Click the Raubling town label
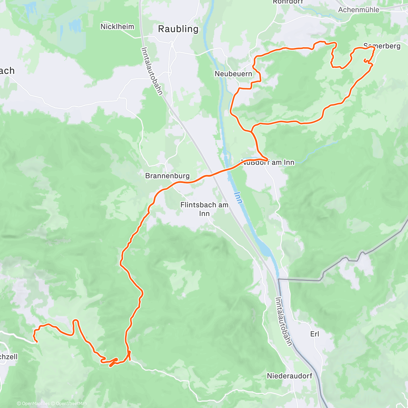click(x=178, y=29)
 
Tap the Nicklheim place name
click(x=117, y=27)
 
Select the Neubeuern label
click(x=233, y=74)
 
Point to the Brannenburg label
click(x=167, y=176)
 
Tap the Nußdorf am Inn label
click(x=268, y=162)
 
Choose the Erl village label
click(x=314, y=334)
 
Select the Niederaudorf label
click(x=289, y=376)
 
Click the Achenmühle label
click(x=358, y=10)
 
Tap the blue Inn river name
click(x=238, y=198)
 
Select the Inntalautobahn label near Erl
click(x=284, y=321)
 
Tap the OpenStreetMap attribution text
click(x=71, y=404)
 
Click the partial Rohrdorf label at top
click(x=288, y=2)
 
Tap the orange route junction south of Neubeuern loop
click(x=252, y=131)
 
